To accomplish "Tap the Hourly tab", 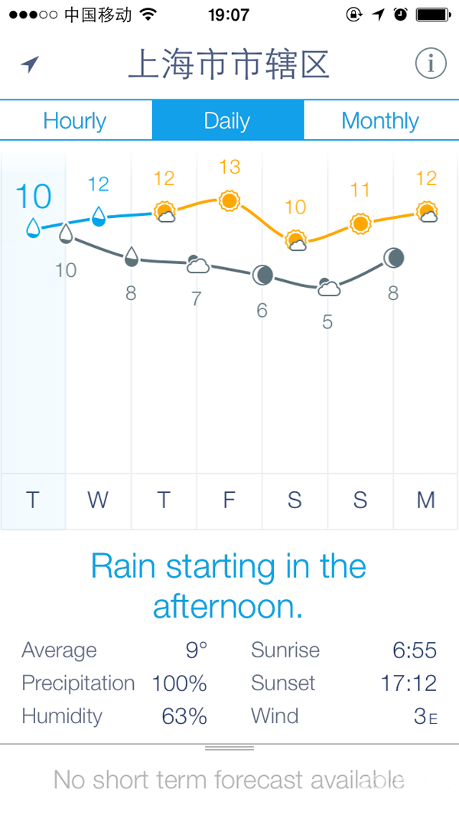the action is [75, 121].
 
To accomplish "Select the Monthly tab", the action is [380, 121].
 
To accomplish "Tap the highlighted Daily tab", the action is [227, 121].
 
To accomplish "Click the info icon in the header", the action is [431, 64].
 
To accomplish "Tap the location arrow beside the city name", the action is [30, 64].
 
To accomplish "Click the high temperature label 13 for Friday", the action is [229, 167].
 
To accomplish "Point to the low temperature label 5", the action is [327, 322].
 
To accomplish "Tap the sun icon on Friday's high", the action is [229, 200].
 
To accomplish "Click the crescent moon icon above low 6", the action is [262, 275].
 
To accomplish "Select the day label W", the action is [98, 500].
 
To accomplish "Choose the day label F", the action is [229, 500].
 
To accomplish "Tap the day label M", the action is [426, 500].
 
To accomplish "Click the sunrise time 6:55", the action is [415, 650].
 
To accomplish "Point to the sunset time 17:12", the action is [409, 683].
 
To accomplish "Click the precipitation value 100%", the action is [179, 683].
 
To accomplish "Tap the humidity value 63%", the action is [184, 716].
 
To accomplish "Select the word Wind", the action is [275, 716].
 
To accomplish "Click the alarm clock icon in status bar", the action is [400, 15].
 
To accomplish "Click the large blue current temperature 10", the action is [33, 197].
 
